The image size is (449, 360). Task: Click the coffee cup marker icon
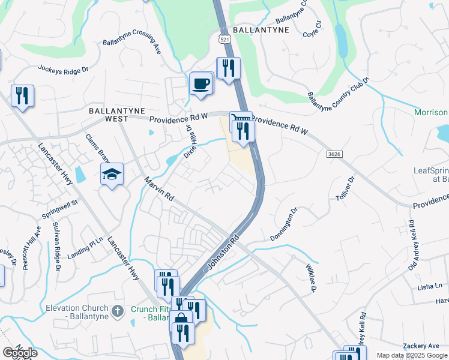click(201, 83)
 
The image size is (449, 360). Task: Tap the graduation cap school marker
click(112, 174)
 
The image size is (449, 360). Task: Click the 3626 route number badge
click(335, 155)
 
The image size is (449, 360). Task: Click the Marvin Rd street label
click(158, 188)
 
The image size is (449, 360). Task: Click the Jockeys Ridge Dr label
click(63, 69)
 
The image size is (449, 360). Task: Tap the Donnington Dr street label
click(284, 225)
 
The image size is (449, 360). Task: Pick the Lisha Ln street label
click(430, 287)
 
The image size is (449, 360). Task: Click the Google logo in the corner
click(20, 353)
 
